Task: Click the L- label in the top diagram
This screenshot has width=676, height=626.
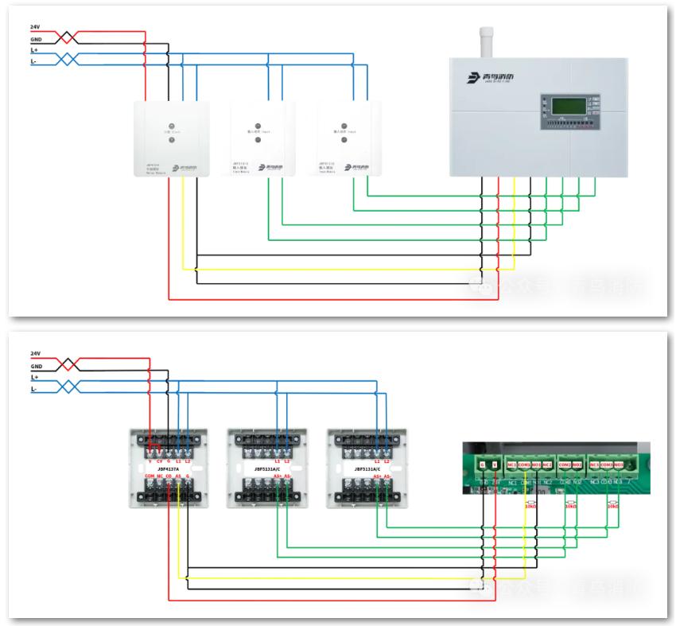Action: pyautogui.click(x=34, y=61)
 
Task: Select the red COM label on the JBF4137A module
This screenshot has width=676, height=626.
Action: pyautogui.click(x=150, y=476)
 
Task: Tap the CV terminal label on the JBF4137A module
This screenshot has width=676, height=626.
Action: pyautogui.click(x=159, y=461)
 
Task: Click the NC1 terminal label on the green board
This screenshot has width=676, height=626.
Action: pyautogui.click(x=512, y=464)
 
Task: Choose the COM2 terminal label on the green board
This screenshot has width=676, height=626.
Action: pyautogui.click(x=564, y=464)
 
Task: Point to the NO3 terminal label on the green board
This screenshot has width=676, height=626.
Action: pyautogui.click(x=618, y=464)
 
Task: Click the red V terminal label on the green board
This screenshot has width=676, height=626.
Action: pyautogui.click(x=494, y=464)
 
